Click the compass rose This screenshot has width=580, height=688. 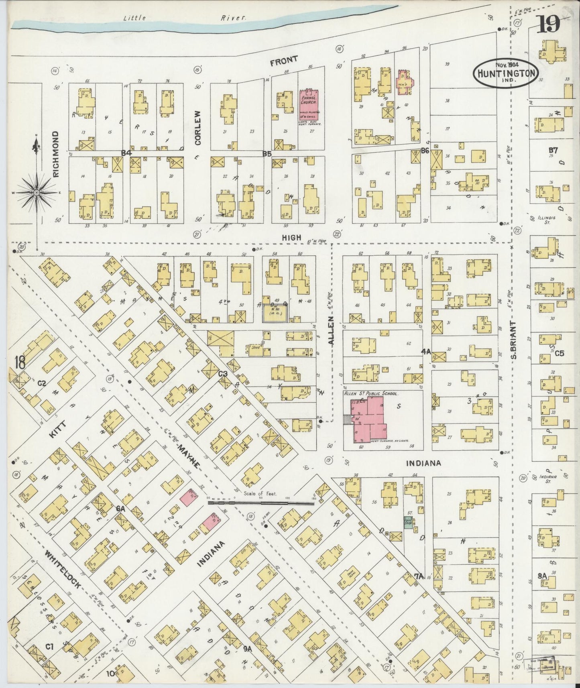(37, 193)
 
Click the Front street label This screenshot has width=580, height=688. (284, 61)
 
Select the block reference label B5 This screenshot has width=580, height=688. (267, 153)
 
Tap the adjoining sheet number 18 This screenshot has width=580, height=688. (19, 362)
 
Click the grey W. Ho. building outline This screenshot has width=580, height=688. (275, 313)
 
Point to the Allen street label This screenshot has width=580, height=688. (331, 335)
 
